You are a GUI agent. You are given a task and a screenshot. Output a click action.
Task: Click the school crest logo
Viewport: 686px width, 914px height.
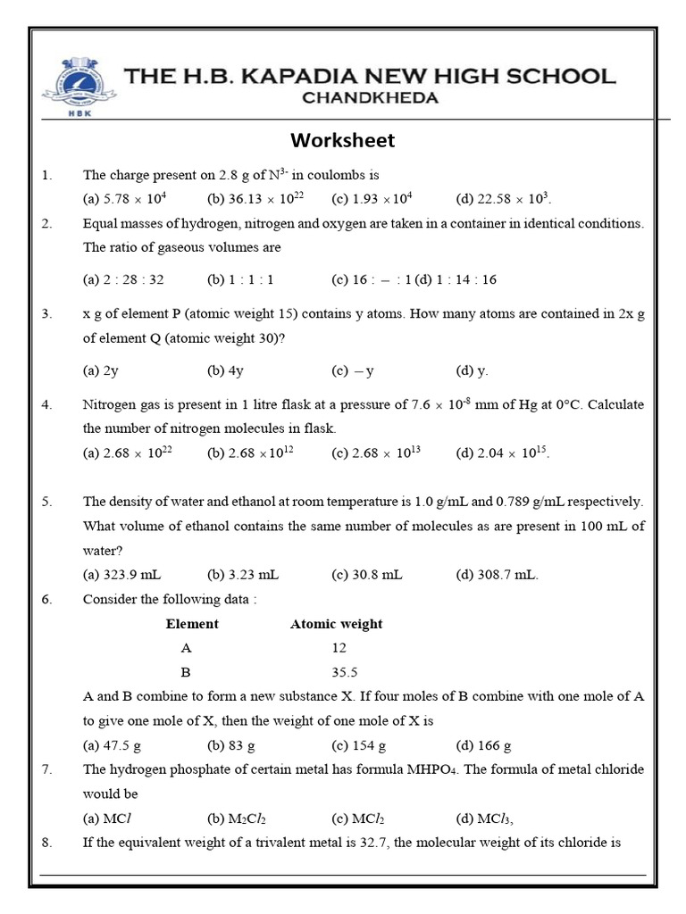click(79, 87)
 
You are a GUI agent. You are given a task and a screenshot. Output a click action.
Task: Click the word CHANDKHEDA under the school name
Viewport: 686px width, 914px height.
click(371, 98)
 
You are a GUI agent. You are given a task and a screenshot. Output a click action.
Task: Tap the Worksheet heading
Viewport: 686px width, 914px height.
click(342, 141)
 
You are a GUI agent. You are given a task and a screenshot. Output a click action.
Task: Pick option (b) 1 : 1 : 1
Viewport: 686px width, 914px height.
click(240, 279)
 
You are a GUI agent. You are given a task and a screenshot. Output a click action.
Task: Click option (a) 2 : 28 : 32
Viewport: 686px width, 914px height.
click(123, 279)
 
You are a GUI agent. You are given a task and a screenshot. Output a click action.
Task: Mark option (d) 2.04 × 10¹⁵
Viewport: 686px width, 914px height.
click(502, 453)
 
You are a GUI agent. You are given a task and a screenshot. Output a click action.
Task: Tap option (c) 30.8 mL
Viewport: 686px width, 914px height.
click(367, 575)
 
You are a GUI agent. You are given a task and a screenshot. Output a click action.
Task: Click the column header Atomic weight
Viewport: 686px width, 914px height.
click(336, 624)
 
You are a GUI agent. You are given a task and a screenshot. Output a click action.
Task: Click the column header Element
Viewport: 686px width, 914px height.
click(192, 624)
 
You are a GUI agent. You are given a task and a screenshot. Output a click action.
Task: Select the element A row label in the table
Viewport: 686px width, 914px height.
click(186, 648)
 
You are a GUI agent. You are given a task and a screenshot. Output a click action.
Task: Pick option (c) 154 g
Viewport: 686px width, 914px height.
click(358, 745)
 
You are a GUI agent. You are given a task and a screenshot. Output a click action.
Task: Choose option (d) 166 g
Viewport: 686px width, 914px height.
click(483, 745)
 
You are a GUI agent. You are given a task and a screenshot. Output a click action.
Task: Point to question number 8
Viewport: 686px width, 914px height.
click(46, 842)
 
